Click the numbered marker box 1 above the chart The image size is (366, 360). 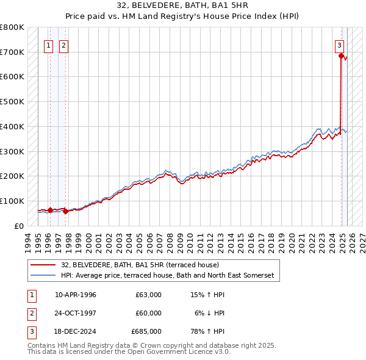pos(48,44)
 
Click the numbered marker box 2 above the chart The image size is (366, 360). pos(63,44)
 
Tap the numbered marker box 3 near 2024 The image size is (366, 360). pos(339,44)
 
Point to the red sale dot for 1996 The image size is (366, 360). pos(50,210)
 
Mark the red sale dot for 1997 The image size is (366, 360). pos(65,211)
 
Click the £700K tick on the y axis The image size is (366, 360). pos(12,52)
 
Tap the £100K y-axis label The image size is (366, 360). pos(12,201)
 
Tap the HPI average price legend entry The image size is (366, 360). pos(167,276)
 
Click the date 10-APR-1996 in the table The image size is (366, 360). pos(76,295)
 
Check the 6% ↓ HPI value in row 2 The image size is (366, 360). pos(210,313)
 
